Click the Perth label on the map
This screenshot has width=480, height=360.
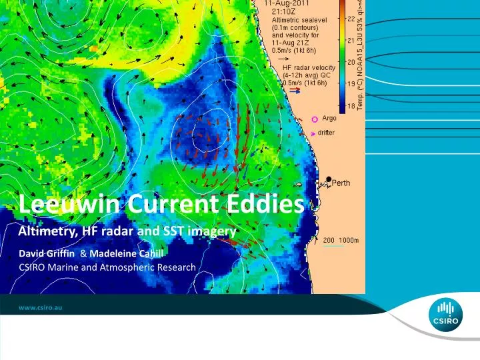(x=341, y=183)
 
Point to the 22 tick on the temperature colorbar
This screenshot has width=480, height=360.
(x=349, y=19)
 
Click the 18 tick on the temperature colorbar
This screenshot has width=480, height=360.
(x=349, y=106)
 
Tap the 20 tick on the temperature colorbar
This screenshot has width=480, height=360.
(x=349, y=62)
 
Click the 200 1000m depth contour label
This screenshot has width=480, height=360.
(x=341, y=240)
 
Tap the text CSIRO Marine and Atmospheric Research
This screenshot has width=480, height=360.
(x=107, y=267)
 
